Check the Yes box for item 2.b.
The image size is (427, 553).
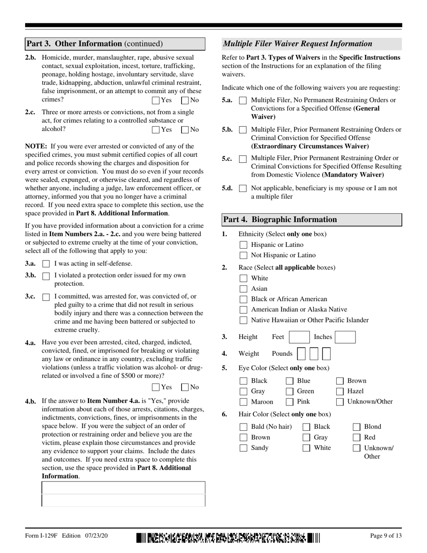coord(156,101)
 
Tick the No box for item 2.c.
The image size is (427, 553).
coord(185,130)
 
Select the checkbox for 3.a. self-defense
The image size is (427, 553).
coord(46,264)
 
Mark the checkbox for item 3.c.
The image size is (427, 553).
coord(46,297)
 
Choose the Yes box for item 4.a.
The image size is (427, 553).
coord(156,387)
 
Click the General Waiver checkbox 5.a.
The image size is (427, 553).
coord(243,101)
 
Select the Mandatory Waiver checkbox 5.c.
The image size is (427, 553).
coord(243,159)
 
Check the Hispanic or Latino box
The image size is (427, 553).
coord(243,245)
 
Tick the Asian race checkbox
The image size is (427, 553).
coord(243,289)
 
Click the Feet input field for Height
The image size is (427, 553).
coord(299,337)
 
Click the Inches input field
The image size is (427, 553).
coord(345,337)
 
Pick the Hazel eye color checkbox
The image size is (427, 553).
coord(340,391)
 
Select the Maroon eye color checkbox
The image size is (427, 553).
coord(243,402)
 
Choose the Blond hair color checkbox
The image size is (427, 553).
coord(356,427)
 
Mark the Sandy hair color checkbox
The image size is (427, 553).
coord(243,448)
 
